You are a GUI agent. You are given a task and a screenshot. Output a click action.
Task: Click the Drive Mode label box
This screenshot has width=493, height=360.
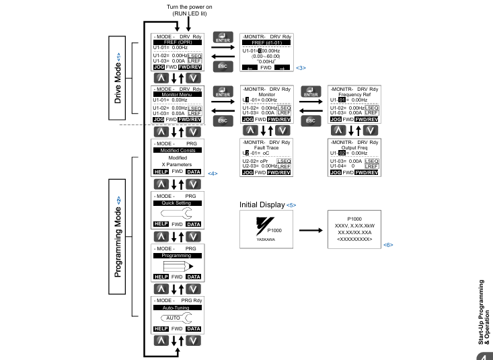(x=117, y=78)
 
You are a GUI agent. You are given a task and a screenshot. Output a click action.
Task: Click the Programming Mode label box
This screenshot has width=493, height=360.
(x=117, y=237)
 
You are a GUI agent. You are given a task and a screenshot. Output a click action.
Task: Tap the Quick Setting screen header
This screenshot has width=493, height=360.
(x=178, y=203)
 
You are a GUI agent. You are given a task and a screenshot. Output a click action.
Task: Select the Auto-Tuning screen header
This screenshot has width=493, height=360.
(x=178, y=308)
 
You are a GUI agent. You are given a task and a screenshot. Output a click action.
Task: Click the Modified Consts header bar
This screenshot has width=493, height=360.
(x=178, y=151)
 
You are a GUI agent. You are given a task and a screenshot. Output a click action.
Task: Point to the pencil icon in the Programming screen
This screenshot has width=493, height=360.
(x=178, y=267)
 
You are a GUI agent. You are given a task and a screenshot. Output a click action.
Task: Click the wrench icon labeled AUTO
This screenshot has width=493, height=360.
(x=176, y=318)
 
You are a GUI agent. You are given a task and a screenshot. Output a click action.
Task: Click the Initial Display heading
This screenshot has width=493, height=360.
(x=262, y=205)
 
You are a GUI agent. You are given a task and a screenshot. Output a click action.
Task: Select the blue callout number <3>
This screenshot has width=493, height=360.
(x=301, y=68)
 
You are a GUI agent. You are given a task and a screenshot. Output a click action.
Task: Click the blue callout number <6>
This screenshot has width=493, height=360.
(x=388, y=245)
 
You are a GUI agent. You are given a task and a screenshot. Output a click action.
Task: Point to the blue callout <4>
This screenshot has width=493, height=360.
(x=213, y=174)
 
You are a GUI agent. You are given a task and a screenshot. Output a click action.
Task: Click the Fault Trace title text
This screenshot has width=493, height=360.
(x=266, y=147)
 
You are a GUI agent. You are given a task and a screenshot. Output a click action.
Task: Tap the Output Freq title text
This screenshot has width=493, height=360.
(x=354, y=147)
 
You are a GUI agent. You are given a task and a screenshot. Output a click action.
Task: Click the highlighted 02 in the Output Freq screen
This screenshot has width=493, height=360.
(x=342, y=153)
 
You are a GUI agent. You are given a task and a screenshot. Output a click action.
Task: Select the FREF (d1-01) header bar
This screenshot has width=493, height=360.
(x=266, y=42)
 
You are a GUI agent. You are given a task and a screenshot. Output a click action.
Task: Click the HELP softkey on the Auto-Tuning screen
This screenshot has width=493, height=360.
(x=161, y=329)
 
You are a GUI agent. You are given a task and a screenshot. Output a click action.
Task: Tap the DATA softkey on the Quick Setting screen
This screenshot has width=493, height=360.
(x=193, y=224)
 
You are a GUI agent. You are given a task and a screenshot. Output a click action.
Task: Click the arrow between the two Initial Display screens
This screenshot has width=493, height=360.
(x=311, y=230)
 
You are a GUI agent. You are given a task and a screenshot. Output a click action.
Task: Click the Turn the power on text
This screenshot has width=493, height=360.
(x=189, y=7)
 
